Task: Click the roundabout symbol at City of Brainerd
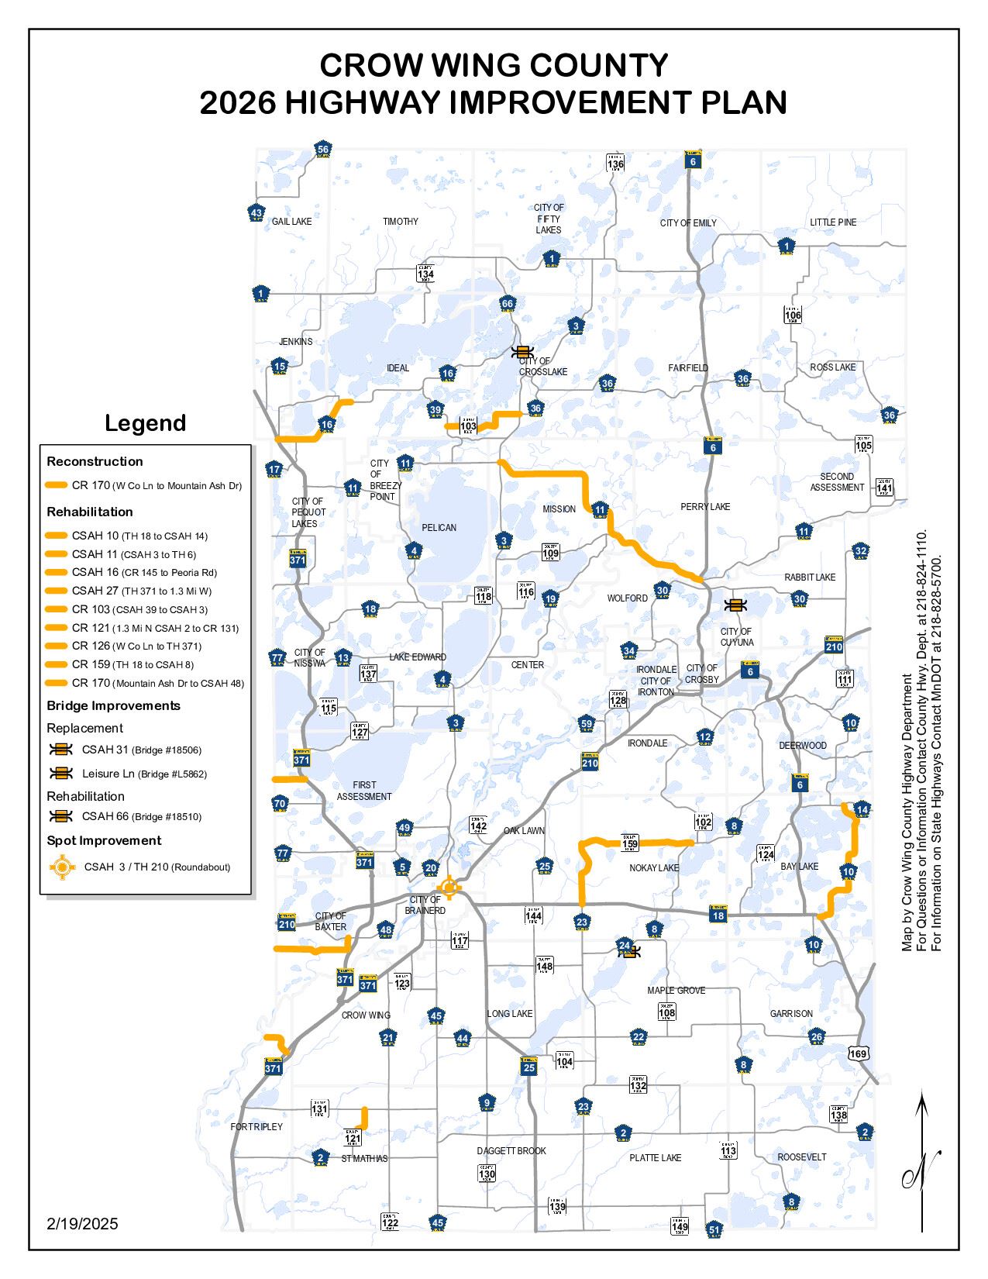pos(449,888)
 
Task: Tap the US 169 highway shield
pos(858,1053)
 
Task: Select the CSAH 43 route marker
pos(256,213)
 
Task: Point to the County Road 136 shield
pos(615,163)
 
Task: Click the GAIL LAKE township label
pos(291,222)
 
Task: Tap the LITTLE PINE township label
pos(833,222)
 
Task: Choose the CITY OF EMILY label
pos(688,223)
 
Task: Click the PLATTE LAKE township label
pos(655,1158)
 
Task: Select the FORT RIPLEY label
pos(256,1126)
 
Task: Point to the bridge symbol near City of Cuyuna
pos(734,605)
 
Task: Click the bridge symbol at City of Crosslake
pos(522,352)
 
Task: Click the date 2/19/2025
pos(82,1224)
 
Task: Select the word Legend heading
pos(146,423)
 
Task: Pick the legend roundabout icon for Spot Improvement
pos(62,867)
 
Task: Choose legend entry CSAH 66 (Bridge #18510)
pos(141,816)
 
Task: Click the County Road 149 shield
pos(680,1226)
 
